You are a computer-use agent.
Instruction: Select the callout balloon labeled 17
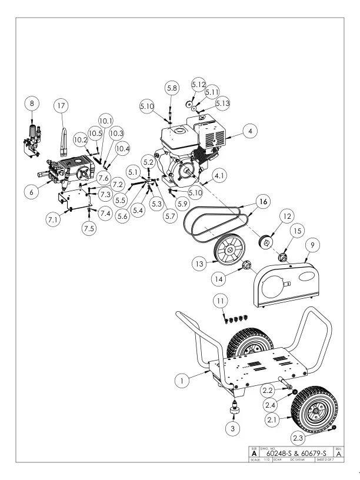point(61,106)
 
